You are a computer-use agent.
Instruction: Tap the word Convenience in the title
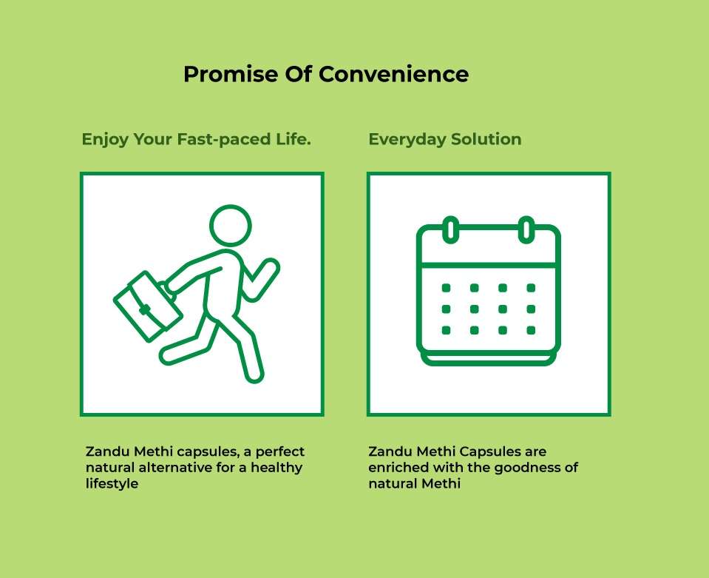[393, 74]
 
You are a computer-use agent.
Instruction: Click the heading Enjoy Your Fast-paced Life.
[196, 139]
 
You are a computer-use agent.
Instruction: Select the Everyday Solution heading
[445, 139]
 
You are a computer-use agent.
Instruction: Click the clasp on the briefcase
[145, 310]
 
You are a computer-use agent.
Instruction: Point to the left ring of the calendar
[450, 229]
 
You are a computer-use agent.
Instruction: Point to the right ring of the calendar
[526, 229]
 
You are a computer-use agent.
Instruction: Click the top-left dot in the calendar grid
[446, 288]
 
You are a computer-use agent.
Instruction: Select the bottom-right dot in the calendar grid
[531, 330]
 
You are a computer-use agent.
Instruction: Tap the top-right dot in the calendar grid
[531, 288]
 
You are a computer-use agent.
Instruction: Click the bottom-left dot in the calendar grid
[446, 330]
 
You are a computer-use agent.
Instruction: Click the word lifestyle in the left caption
[112, 483]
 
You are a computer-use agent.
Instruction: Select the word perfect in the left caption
[280, 451]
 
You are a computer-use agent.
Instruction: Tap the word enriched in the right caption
[398, 467]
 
